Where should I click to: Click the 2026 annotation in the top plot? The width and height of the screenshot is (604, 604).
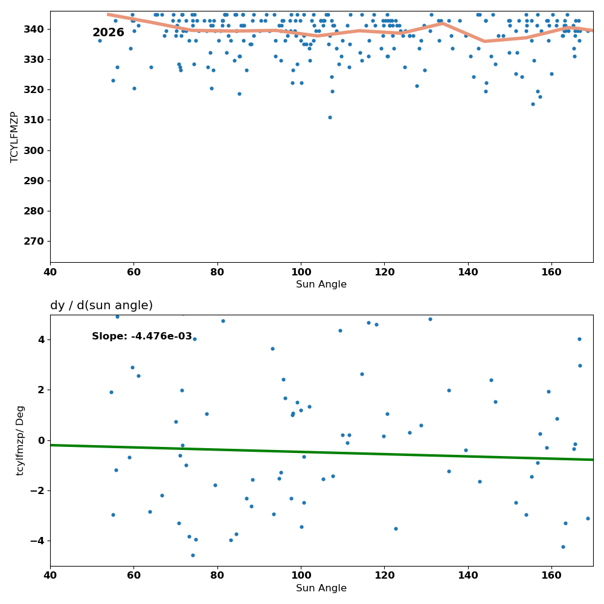pyautogui.click(x=108, y=33)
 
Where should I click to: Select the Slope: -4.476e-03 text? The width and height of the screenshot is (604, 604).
pyautogui.click(x=142, y=336)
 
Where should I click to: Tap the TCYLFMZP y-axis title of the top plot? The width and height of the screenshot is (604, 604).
pyautogui.click(x=14, y=137)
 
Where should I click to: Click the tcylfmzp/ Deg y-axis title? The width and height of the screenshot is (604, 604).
pyautogui.click(x=20, y=441)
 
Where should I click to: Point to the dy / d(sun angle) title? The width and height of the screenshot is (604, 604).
pyautogui.click(x=101, y=306)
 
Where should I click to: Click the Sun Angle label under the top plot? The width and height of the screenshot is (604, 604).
pyautogui.click(x=321, y=284)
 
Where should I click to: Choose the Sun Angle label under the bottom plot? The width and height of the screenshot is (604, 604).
pyautogui.click(x=321, y=588)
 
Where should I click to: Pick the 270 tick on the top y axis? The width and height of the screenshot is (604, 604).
pyautogui.click(x=34, y=242)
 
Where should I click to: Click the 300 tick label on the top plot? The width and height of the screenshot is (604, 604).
pyautogui.click(x=34, y=150)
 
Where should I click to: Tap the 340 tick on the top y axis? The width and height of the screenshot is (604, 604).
pyautogui.click(x=34, y=29)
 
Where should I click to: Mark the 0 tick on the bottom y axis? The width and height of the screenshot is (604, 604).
pyautogui.click(x=41, y=441)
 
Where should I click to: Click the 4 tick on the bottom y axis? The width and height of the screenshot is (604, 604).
pyautogui.click(x=41, y=339)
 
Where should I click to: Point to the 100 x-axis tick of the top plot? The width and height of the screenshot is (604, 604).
pyautogui.click(x=301, y=272)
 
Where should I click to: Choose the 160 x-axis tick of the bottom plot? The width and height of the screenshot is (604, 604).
pyautogui.click(x=551, y=576)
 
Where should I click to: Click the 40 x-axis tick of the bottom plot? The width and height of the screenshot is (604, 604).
pyautogui.click(x=51, y=576)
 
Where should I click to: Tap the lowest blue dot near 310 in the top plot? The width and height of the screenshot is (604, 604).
pyautogui.click(x=330, y=118)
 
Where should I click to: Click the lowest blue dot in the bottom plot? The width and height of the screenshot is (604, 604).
pyautogui.click(x=193, y=556)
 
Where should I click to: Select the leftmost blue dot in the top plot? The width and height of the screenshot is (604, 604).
pyautogui.click(x=100, y=41)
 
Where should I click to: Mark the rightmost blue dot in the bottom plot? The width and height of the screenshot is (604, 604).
pyautogui.click(x=588, y=518)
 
